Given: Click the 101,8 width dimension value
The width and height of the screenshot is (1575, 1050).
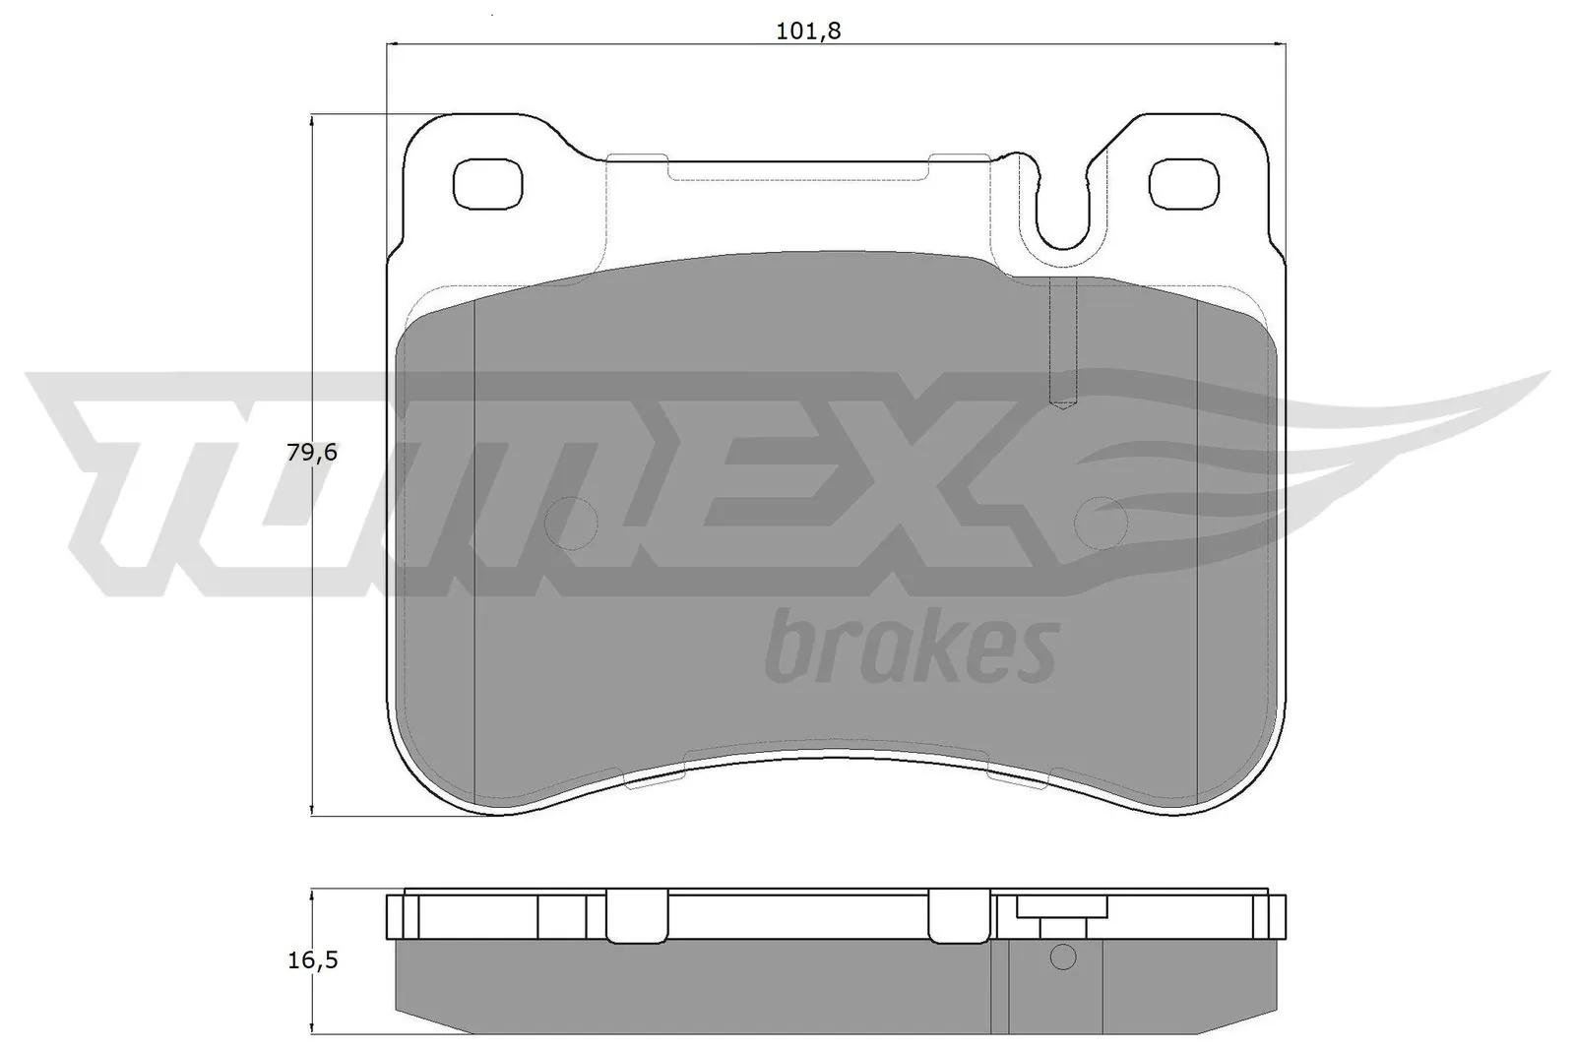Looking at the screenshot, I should pyautogui.click(x=808, y=31).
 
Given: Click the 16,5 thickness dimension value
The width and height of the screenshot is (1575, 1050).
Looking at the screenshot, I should pyautogui.click(x=312, y=960).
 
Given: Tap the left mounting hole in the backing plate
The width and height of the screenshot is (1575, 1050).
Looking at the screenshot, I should pyautogui.click(x=485, y=183).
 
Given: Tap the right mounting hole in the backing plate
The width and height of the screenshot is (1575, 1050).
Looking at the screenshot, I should pyautogui.click(x=1185, y=183).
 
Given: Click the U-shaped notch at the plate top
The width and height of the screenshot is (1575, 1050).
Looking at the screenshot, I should pyautogui.click(x=1061, y=212).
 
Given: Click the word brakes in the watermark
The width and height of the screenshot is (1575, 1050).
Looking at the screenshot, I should pyautogui.click(x=911, y=649).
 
